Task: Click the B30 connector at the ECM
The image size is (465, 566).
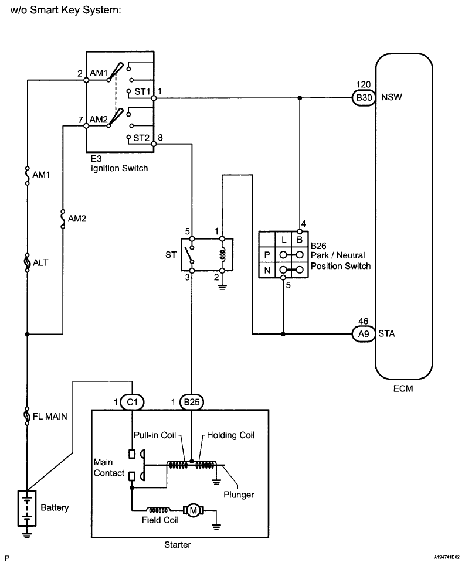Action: point(364,98)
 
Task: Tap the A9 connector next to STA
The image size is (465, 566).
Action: point(364,334)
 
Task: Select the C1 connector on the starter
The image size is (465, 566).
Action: point(133,402)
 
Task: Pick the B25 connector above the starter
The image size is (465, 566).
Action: point(192,402)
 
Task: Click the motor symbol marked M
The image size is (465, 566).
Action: point(194,510)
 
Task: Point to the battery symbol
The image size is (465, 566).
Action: point(27,508)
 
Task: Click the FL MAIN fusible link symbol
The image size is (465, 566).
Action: point(27,416)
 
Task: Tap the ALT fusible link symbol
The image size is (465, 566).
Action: point(27,262)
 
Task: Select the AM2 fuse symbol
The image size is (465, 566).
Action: point(63,219)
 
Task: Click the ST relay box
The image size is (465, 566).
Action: point(207,254)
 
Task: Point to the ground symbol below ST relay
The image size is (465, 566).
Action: point(222,287)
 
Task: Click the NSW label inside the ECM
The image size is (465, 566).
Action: point(392,97)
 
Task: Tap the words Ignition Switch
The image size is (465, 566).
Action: point(119,168)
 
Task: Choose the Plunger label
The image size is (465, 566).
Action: point(239,495)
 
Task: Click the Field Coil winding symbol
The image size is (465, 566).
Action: point(158,510)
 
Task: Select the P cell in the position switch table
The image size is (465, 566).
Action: point(267,255)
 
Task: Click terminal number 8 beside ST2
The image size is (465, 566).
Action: point(160,138)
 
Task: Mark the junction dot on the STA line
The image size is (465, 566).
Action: point(283,334)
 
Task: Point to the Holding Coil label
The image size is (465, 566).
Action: point(230,435)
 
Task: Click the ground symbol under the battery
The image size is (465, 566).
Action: point(27,534)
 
